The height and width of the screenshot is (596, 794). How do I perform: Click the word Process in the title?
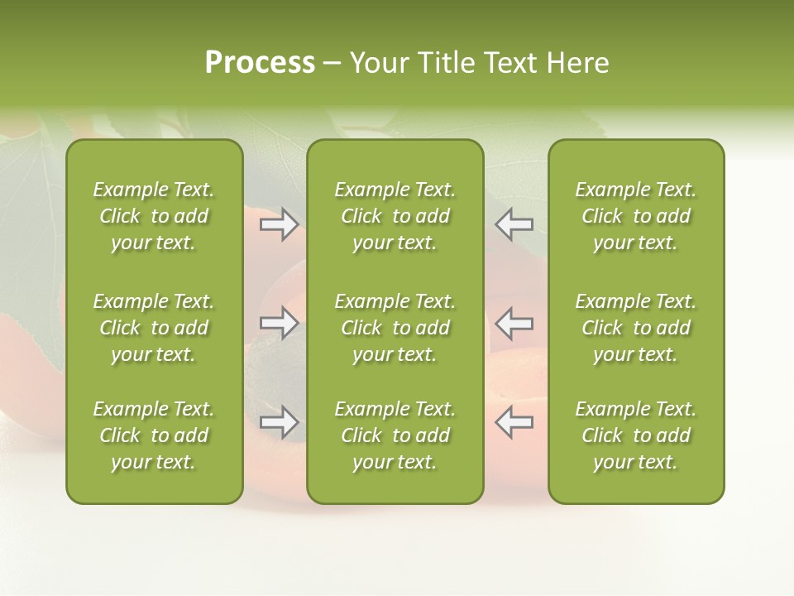point(260,63)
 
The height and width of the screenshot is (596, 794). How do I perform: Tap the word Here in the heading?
point(578,63)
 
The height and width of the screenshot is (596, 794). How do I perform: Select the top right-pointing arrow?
point(279,224)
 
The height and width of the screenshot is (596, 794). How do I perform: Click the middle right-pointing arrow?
point(279,323)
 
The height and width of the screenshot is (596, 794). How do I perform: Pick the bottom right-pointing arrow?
point(279,422)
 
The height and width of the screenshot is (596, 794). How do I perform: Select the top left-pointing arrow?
point(514,224)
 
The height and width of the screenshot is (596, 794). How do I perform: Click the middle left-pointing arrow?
point(514,323)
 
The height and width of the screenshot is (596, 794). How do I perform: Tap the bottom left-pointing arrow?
point(514,422)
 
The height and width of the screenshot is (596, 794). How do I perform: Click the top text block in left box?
point(154,216)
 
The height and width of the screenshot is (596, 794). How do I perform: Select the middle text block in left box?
point(154,328)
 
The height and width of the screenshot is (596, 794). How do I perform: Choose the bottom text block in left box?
point(154,435)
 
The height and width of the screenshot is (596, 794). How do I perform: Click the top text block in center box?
point(395,216)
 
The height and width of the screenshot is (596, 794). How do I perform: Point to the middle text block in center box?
point(395,328)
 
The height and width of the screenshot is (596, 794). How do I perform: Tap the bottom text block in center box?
point(395,435)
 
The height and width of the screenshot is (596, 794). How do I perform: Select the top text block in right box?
point(635,216)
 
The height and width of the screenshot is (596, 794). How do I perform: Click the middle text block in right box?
point(635,328)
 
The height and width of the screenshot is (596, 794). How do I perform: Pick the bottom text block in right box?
point(635,435)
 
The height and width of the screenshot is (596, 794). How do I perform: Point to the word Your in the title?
point(376,63)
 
